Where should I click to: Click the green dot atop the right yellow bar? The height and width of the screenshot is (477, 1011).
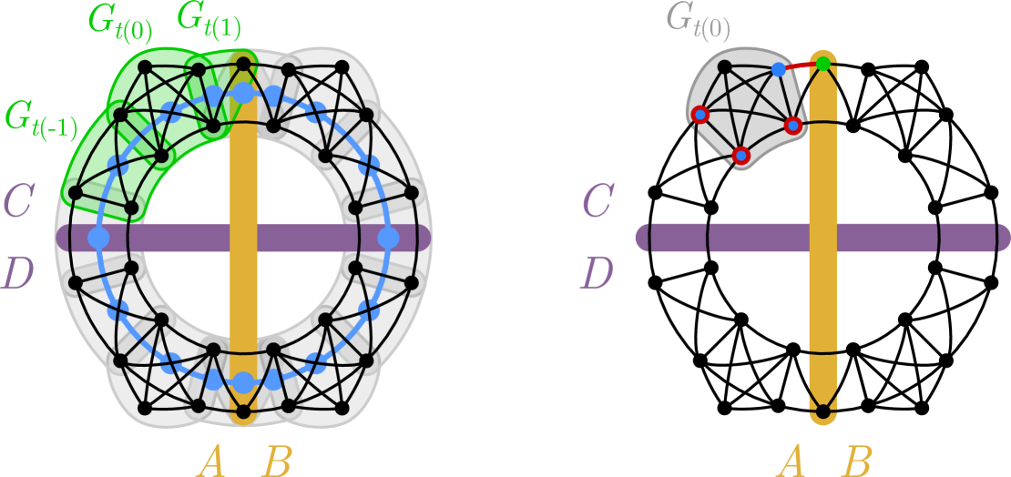822,64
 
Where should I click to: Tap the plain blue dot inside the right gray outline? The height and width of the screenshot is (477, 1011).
778,69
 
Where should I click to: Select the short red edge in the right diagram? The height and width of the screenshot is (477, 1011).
801,66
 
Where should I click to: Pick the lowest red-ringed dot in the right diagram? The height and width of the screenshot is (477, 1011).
741,156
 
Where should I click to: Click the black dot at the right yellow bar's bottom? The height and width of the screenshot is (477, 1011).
822,412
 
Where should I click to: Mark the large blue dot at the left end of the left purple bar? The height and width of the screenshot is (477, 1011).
98,238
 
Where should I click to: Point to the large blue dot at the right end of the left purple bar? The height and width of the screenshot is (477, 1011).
388,238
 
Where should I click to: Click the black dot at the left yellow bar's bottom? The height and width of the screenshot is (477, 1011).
243,412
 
